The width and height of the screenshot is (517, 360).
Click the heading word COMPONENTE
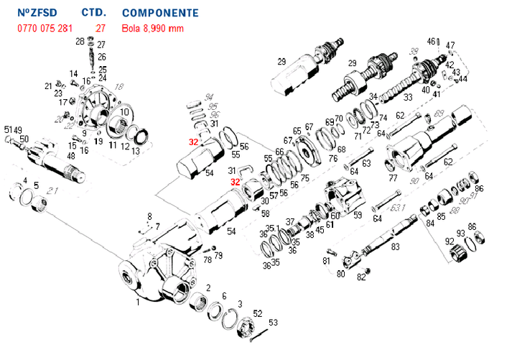tap(160, 13)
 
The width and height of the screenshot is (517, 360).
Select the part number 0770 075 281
tap(45, 29)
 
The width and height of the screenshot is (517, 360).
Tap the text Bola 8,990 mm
tap(153, 29)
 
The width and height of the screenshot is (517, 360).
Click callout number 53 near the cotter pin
tap(273, 323)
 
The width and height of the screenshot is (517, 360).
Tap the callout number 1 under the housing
tap(138, 303)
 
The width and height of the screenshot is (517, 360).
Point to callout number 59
tap(357, 214)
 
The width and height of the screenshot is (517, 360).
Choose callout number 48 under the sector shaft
tap(71, 156)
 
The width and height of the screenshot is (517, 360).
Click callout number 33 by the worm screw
tap(408, 97)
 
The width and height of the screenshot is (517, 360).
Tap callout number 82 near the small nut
tap(360, 278)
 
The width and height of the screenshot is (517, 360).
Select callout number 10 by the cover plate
tap(124, 113)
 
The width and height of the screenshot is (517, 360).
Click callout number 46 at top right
tap(432, 41)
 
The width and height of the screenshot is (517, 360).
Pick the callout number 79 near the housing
tap(218, 255)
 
